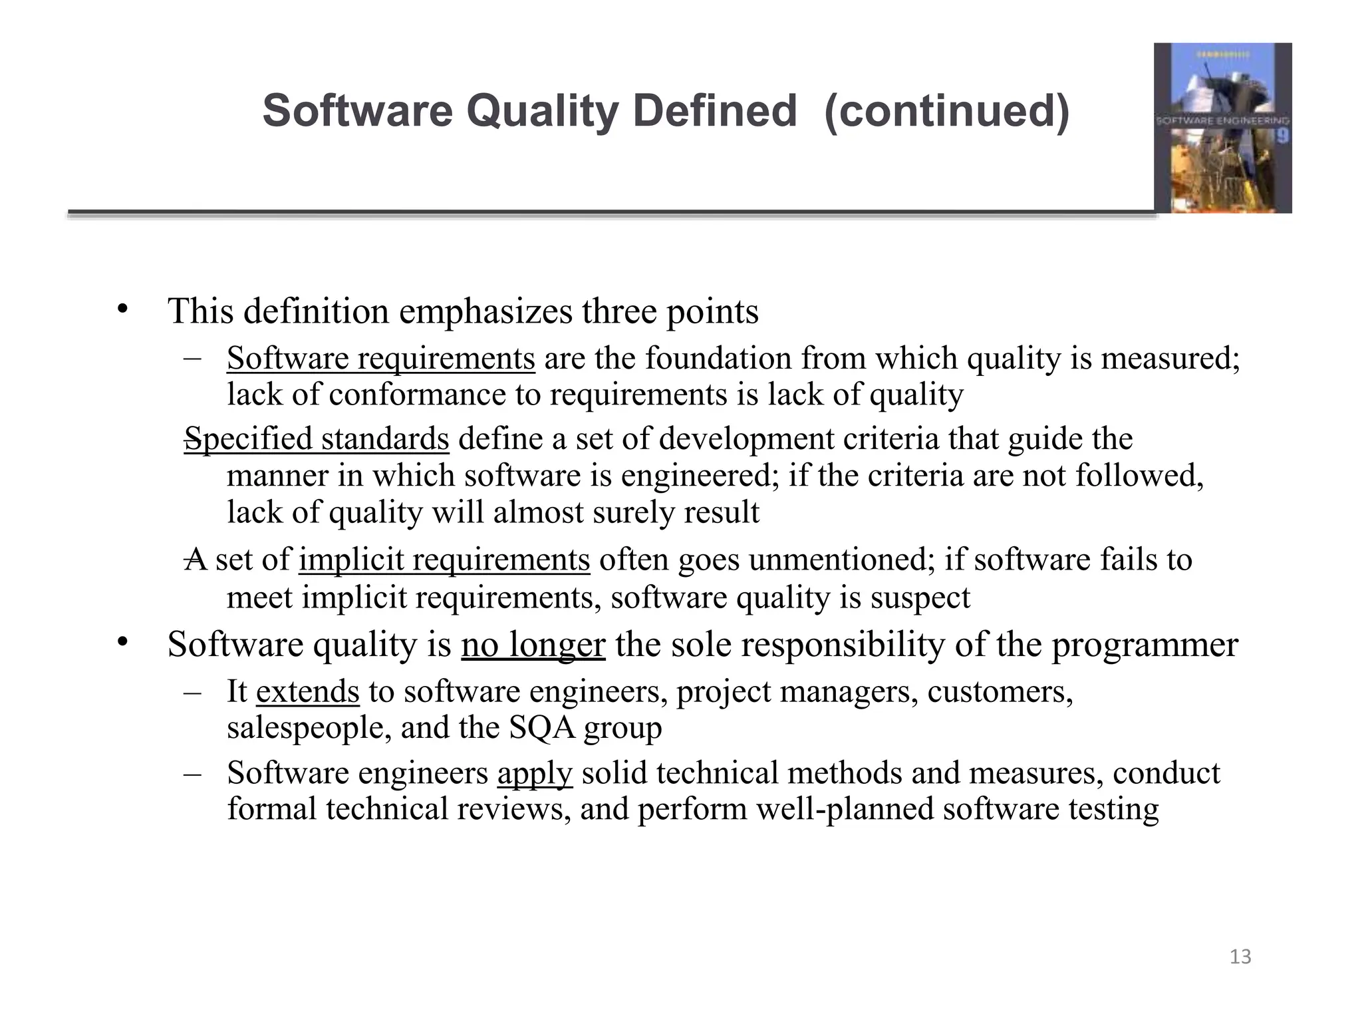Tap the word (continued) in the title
tap(947, 110)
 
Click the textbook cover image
tap(1222, 128)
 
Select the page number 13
tap(1240, 957)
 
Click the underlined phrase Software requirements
tap(380, 359)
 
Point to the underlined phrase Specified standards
tap(317, 439)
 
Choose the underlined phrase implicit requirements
tap(444, 560)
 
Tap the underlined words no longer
tap(533, 644)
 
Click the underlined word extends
tap(307, 691)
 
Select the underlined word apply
tap(535, 773)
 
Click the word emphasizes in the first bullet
tap(485, 311)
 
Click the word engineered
tap(700, 476)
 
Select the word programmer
tap(1145, 644)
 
